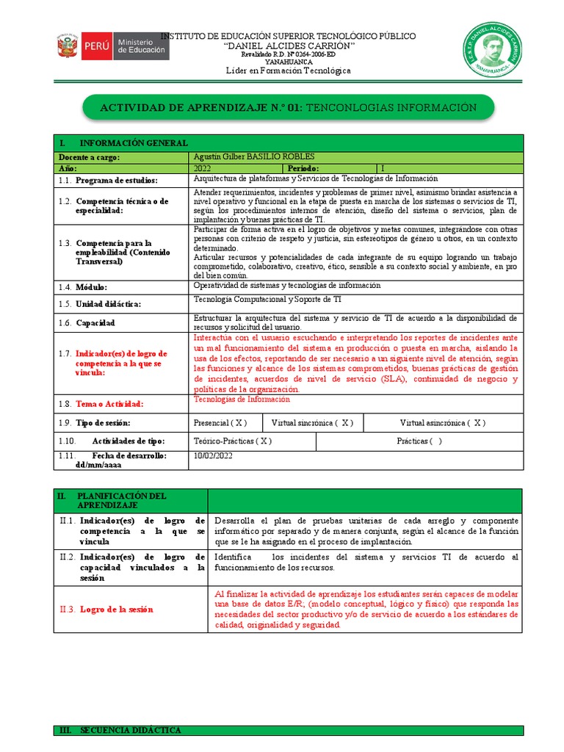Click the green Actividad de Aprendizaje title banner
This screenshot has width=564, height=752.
pos(288,108)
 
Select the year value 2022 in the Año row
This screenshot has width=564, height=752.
pos(202,168)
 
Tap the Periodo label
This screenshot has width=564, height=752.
pos(304,168)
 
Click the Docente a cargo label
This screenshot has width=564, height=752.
pos(88,157)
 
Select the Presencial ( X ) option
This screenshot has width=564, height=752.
pos(220,423)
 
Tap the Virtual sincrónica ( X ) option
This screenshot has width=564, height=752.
pos(312,423)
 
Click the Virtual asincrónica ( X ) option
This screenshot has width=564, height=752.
pos(442,423)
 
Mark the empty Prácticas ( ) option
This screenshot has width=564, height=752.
pos(419,441)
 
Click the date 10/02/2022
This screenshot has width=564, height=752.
pos(214,455)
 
